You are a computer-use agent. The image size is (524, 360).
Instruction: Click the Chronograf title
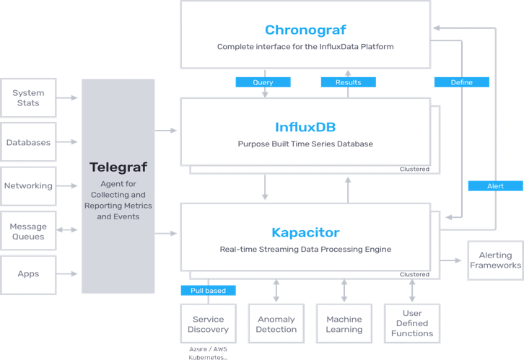(x=305, y=30)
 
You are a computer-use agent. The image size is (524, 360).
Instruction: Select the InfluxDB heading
(x=305, y=127)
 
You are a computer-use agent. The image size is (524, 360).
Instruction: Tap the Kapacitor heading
(x=305, y=232)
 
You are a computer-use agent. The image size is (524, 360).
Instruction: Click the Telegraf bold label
(x=118, y=167)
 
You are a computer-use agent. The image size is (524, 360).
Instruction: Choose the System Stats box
(x=28, y=98)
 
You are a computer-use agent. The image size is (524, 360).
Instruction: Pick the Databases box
(x=28, y=142)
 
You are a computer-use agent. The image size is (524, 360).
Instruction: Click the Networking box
(x=28, y=185)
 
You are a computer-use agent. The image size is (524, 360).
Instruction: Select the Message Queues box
(x=28, y=232)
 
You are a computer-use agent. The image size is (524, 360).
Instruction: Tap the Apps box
(x=28, y=274)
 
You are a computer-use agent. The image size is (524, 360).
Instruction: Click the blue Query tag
(x=263, y=82)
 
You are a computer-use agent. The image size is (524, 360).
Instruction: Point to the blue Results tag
(x=348, y=82)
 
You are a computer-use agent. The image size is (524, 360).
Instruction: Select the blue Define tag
(x=461, y=82)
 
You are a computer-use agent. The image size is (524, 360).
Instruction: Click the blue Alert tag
(x=495, y=186)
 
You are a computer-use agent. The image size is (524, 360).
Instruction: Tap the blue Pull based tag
(x=208, y=291)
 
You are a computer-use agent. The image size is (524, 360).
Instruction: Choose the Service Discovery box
(x=208, y=324)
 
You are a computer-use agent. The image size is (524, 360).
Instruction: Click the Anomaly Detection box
(x=276, y=324)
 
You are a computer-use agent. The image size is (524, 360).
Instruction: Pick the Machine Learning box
(x=344, y=324)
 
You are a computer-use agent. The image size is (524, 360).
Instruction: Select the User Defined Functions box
(x=412, y=324)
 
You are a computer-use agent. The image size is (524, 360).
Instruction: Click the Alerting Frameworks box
(x=495, y=260)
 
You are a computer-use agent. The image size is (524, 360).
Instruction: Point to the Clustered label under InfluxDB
(x=414, y=170)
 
